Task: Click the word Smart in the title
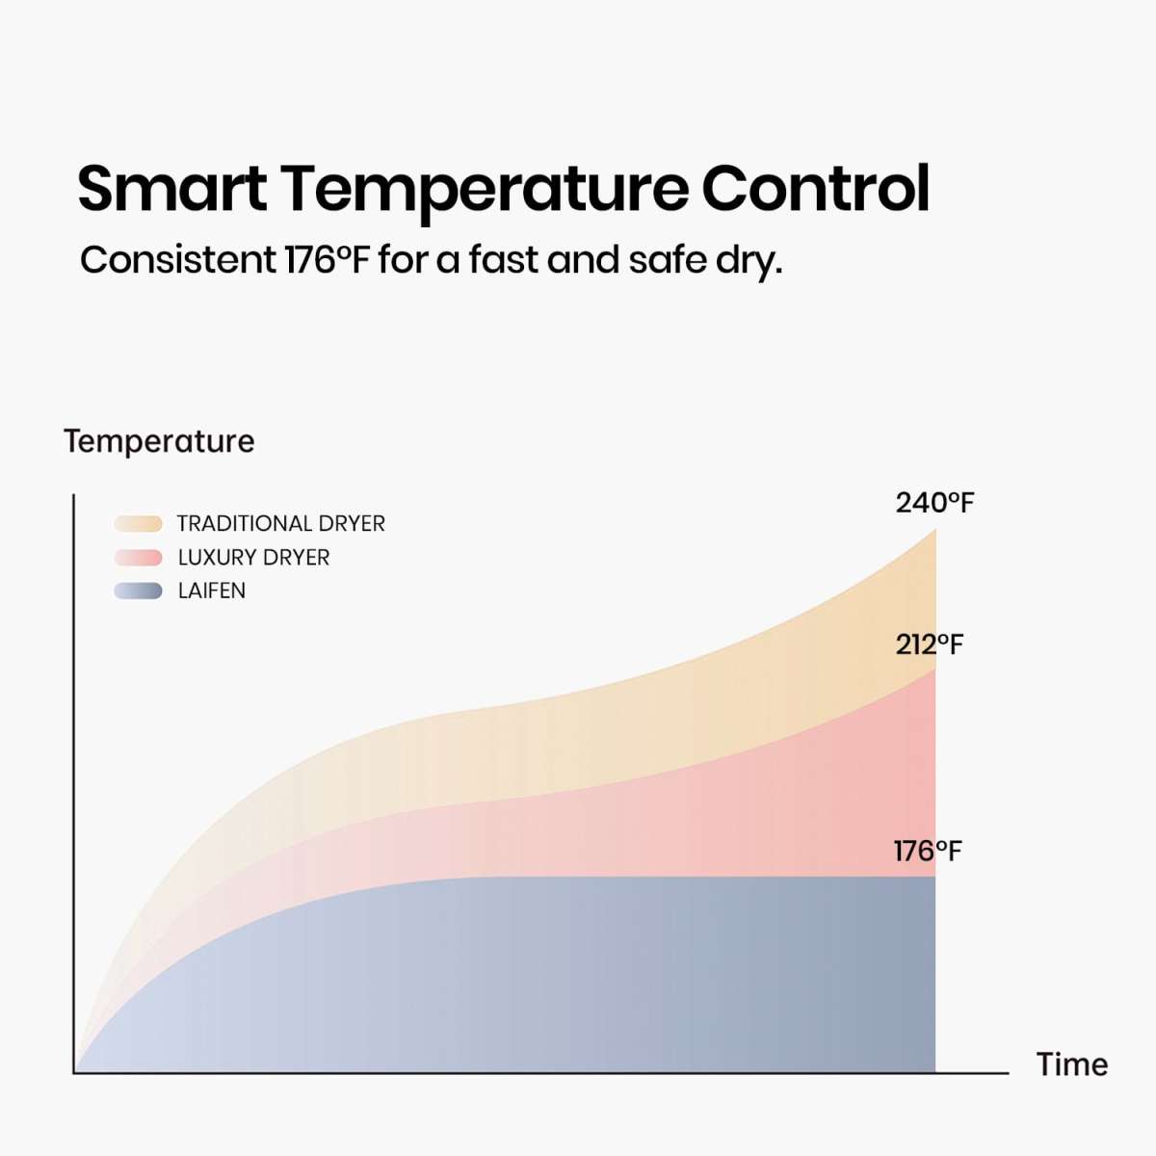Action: coord(171,188)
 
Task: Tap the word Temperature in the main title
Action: coord(485,188)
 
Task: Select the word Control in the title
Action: coord(815,188)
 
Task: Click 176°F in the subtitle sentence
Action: coord(327,260)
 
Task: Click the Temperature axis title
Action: coord(159,441)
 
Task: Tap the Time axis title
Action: coord(1071,1064)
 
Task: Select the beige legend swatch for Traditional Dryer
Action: coord(138,524)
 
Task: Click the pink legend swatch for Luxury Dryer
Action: coord(138,558)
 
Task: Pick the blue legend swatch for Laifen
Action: coord(138,591)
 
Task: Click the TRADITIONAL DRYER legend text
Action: coord(280,524)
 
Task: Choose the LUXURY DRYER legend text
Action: coord(253,558)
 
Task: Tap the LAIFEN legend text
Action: coord(211,591)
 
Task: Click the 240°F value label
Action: coord(934,503)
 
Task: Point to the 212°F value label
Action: coord(929,644)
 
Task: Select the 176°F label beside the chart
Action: coord(927,852)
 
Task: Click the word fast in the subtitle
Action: coord(506,260)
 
